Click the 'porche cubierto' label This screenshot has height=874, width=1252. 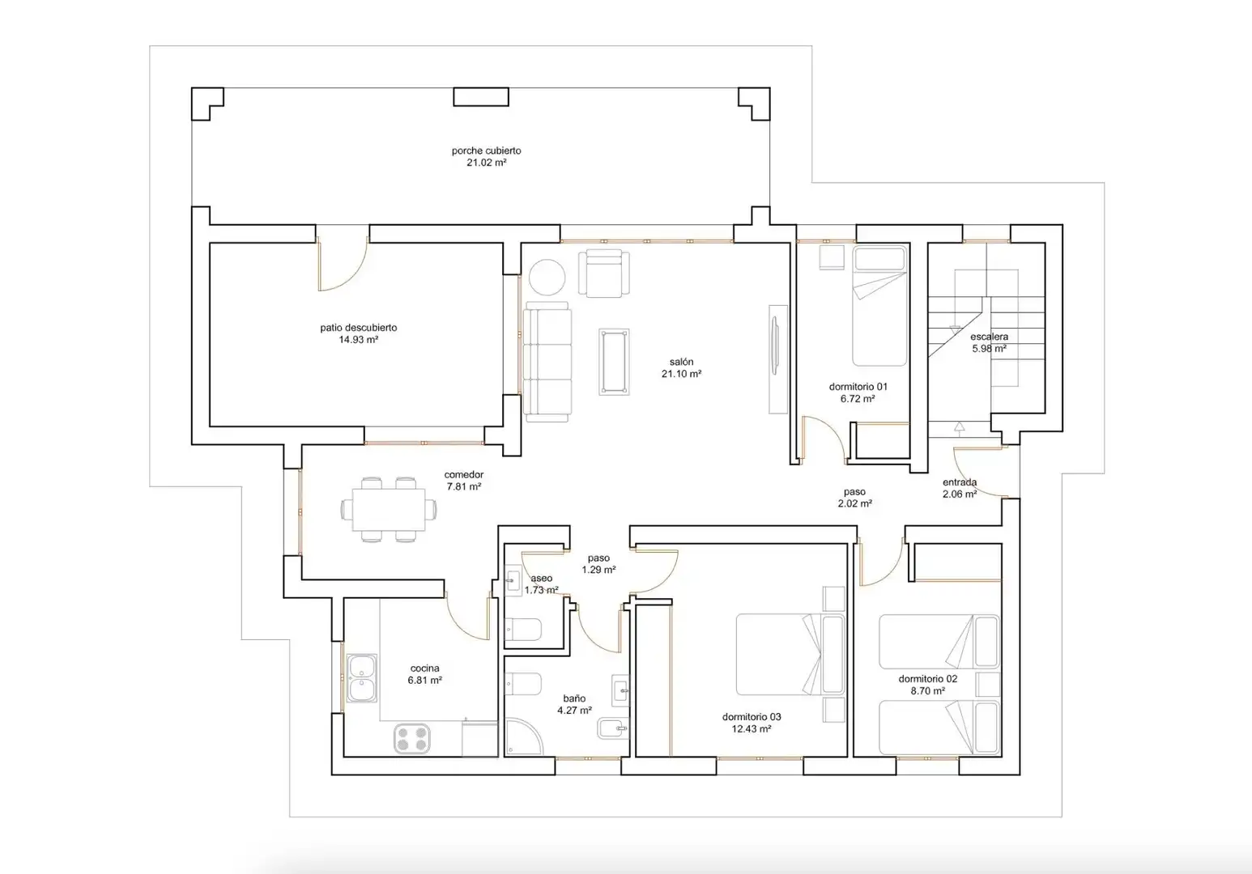[x=486, y=151]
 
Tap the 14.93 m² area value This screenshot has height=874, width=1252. [x=358, y=340]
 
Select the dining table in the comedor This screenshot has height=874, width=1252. [x=389, y=509]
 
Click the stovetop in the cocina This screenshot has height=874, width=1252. [x=412, y=738]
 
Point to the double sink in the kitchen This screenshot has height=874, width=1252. [x=362, y=678]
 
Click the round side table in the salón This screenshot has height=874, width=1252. [x=547, y=277]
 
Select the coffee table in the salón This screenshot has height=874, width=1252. [x=614, y=362]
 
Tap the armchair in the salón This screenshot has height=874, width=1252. [x=603, y=274]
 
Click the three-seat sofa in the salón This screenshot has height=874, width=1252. [x=547, y=362]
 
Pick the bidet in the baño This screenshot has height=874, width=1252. [x=613, y=728]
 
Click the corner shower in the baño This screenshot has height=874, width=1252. [x=524, y=736]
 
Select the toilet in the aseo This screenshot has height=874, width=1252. [x=523, y=630]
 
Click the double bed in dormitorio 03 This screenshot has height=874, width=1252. [x=790, y=655]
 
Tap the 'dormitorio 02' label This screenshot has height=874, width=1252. [x=928, y=679]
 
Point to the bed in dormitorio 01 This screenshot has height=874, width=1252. [x=879, y=306]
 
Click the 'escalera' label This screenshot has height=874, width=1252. [x=990, y=337]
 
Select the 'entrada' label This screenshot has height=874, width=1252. [x=960, y=482]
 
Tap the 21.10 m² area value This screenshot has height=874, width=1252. [x=681, y=374]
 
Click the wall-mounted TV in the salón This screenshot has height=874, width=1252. [x=775, y=346]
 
